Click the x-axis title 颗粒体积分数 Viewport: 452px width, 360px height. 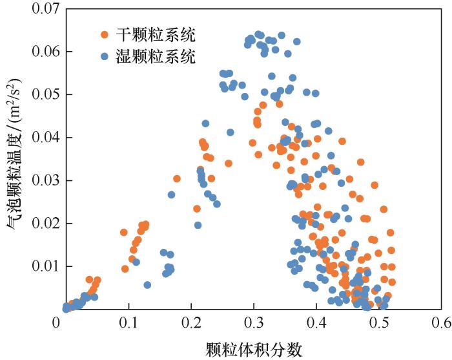tap(254, 348)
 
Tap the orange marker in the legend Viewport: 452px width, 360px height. tap(105, 34)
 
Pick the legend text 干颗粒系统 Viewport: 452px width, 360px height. tap(155, 34)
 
